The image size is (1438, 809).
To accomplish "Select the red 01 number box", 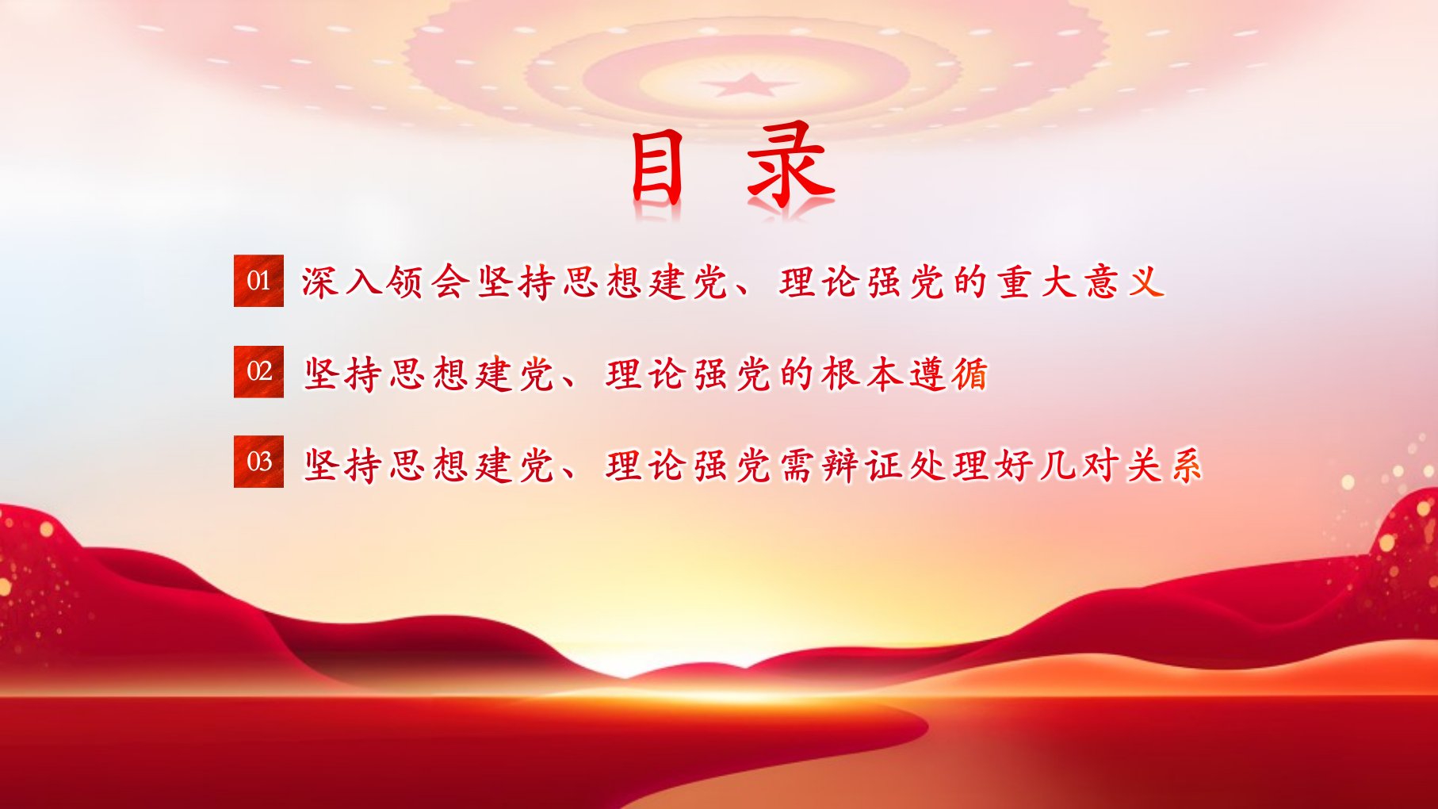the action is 258,281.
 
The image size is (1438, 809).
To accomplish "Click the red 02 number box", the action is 258,371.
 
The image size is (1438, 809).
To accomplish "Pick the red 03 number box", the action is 258,462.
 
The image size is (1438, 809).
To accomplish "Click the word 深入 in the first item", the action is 342,282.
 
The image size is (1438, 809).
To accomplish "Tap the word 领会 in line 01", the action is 428,282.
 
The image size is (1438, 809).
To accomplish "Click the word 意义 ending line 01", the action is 1124,282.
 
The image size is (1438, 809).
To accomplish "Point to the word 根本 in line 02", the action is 862,373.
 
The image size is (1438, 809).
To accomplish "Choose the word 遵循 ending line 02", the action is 949,373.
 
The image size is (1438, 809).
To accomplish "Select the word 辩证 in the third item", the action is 862,464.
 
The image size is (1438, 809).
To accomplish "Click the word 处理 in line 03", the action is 949,464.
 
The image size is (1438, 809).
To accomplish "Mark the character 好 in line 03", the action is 1014,464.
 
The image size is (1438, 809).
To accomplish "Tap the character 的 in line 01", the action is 971,282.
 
